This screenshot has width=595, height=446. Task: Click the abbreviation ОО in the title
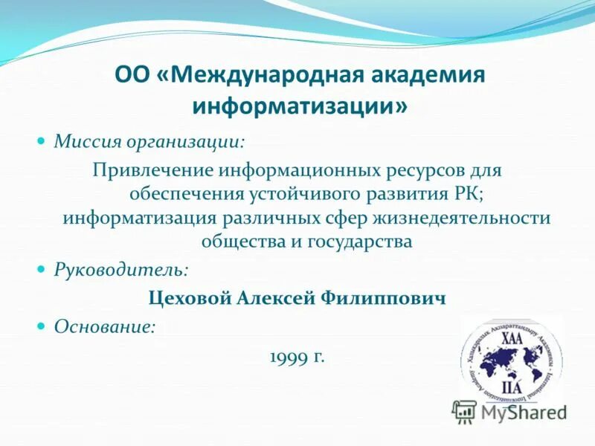coord(132,75)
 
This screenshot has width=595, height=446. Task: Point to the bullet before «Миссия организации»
coord(42,140)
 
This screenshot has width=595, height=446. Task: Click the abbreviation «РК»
coord(466,193)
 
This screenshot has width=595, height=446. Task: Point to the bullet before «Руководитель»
coord(42,268)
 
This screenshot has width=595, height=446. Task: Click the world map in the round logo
coord(512,362)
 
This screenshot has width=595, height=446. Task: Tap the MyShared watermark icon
coord(465,411)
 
